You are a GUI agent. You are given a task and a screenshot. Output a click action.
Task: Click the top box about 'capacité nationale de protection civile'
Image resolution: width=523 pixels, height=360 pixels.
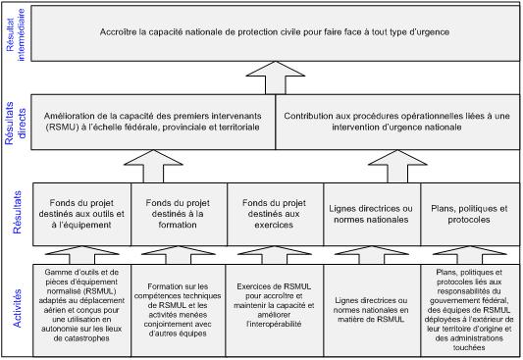[x=276, y=32]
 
